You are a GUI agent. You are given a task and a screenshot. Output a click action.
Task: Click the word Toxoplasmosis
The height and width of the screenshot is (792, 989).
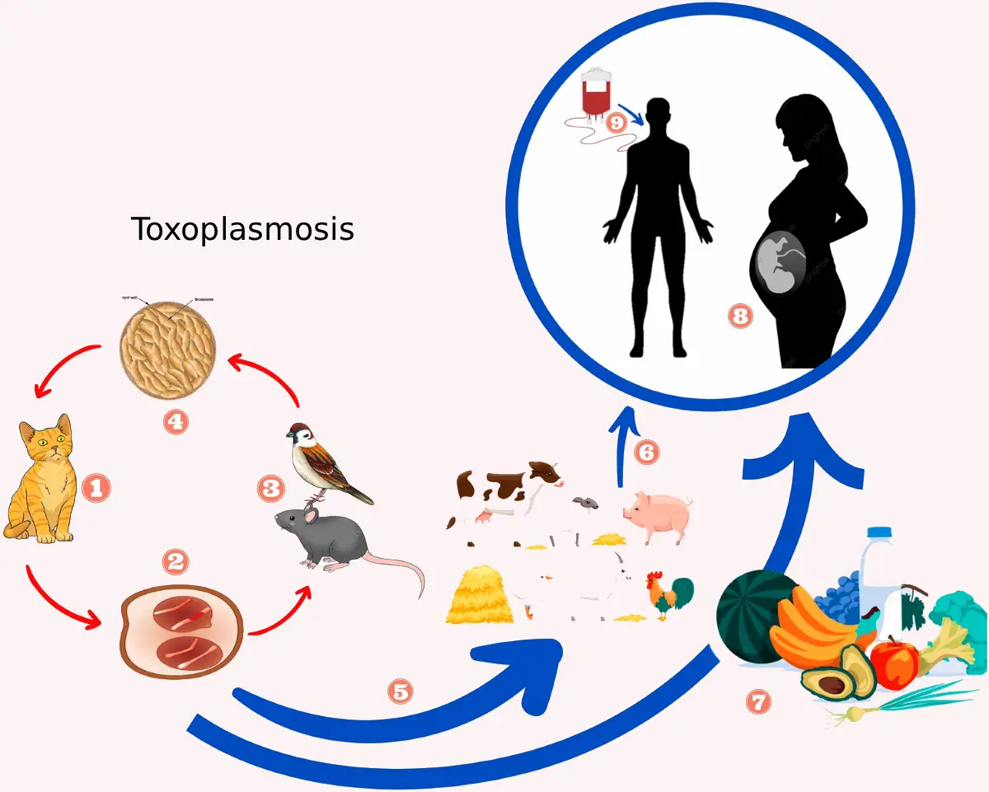[x=243, y=229]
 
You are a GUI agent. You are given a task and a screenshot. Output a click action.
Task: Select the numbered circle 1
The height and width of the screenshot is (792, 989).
[x=95, y=490]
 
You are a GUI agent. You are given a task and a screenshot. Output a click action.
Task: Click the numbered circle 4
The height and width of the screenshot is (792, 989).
[x=176, y=422]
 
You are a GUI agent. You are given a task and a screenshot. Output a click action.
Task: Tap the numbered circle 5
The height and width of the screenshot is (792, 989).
[x=401, y=691]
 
